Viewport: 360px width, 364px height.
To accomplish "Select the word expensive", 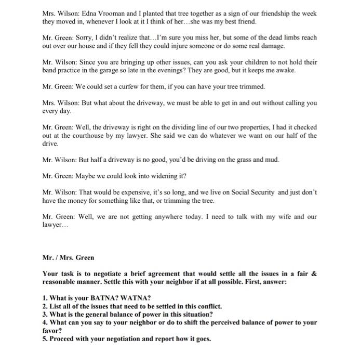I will (141, 191).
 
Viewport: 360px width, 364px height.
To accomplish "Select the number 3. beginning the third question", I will (45, 314).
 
